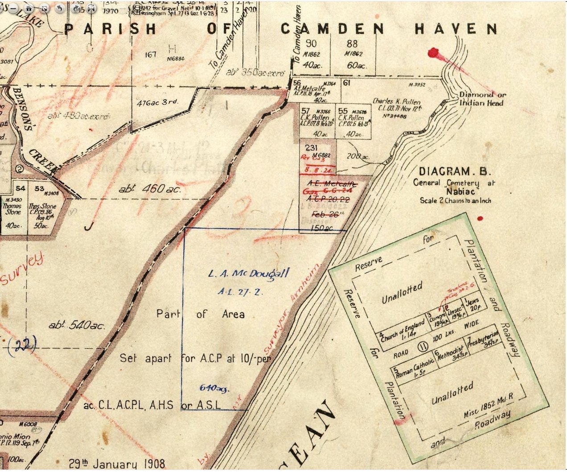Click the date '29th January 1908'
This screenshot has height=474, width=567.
point(117,463)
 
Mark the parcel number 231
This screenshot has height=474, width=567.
point(311,148)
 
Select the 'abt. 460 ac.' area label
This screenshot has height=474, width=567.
point(150,189)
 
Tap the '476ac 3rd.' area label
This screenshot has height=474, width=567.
point(158,102)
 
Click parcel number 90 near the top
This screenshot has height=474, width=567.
point(311,44)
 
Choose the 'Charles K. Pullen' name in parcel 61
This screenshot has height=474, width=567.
point(396,101)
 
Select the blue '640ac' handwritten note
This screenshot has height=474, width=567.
point(214,388)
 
